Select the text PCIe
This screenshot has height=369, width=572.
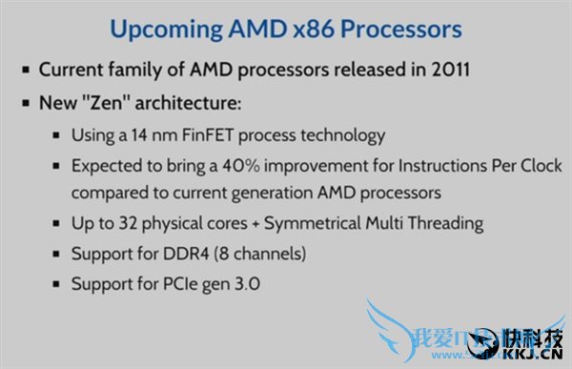[176, 284]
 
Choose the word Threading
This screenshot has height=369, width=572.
[445, 224]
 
